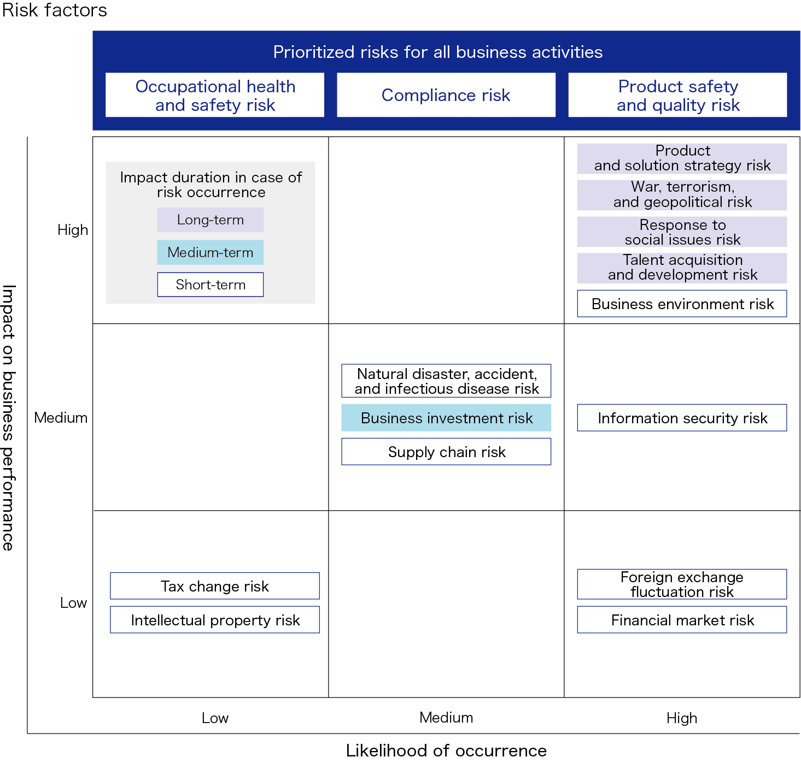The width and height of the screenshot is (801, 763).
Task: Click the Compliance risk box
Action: click(x=446, y=95)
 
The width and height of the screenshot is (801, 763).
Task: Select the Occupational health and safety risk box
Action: click(x=215, y=95)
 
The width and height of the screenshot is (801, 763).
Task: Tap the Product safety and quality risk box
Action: click(x=677, y=95)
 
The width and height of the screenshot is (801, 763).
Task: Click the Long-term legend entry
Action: click(x=211, y=220)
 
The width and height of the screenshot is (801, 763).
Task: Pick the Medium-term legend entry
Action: click(x=211, y=252)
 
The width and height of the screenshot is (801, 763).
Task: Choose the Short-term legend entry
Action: click(x=211, y=285)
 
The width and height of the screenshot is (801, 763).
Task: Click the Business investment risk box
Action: click(x=446, y=418)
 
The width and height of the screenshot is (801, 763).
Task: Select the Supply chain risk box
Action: click(x=446, y=452)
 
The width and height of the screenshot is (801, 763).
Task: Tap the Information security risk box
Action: click(x=682, y=418)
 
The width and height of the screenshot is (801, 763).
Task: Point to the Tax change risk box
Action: click(x=215, y=586)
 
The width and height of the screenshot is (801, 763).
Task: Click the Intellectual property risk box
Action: click(x=215, y=620)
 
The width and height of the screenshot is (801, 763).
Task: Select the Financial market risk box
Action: click(x=682, y=620)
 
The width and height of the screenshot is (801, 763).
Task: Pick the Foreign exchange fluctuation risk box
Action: click(x=682, y=584)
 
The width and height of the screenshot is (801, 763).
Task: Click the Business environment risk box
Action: click(x=682, y=304)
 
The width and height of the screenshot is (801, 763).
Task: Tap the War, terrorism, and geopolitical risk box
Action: click(x=682, y=194)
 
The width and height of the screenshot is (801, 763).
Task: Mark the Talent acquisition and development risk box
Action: click(x=682, y=268)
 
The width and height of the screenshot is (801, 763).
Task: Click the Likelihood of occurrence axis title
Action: click(x=446, y=750)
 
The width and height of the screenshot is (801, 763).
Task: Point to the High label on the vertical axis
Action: click(x=73, y=230)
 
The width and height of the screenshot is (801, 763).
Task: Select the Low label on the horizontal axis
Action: click(x=215, y=718)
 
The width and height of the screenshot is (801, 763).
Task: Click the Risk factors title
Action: click(x=55, y=10)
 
